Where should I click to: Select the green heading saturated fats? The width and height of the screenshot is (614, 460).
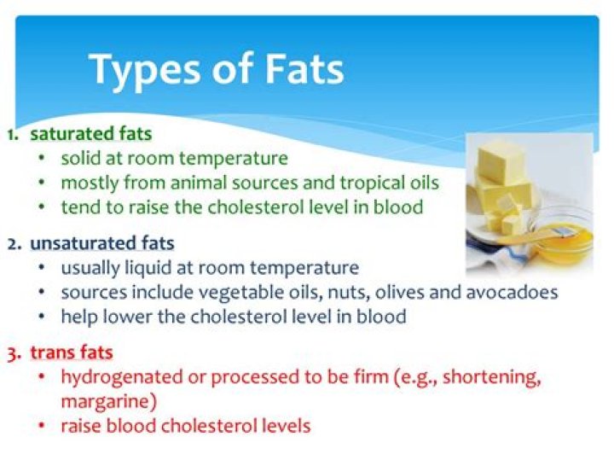coord(91,134)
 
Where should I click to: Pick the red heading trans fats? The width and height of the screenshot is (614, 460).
coord(72,352)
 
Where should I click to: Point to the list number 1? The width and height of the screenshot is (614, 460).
coord(11,134)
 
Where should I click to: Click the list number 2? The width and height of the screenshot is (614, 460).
coord(13,243)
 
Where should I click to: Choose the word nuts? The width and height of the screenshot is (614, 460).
coord(338,293)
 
